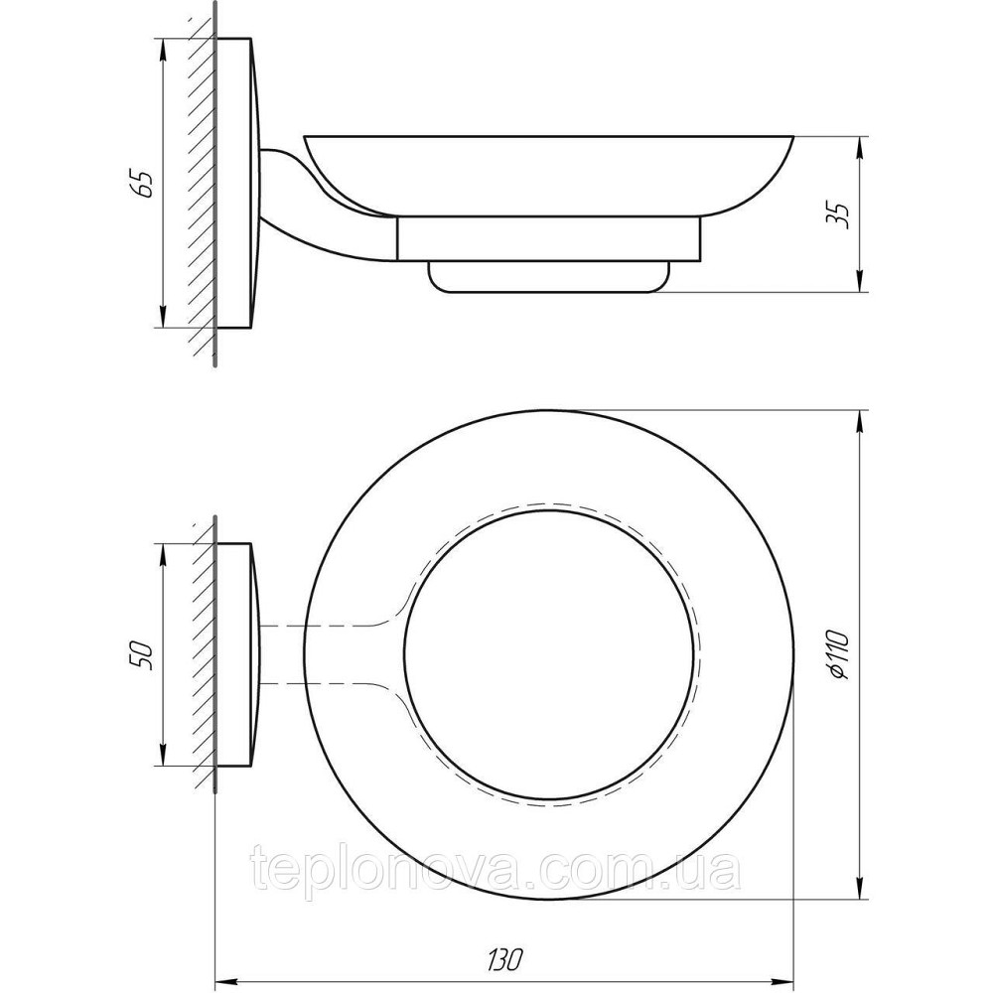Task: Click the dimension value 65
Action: [146, 184]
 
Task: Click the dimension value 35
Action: [840, 213]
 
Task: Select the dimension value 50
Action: [141, 654]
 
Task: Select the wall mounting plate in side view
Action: [238, 184]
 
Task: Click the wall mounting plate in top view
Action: [238, 655]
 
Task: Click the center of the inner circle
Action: [551, 655]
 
